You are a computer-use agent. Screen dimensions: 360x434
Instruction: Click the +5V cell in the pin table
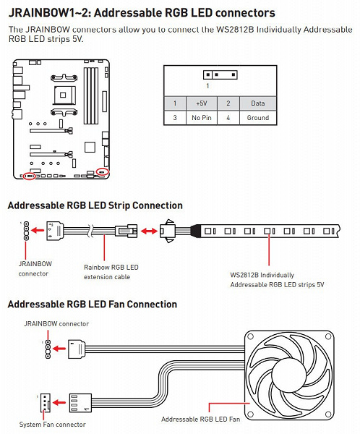pos(202,103)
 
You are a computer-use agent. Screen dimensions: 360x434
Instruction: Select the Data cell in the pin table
pos(258,103)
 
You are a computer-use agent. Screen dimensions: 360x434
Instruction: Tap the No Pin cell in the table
pos(202,118)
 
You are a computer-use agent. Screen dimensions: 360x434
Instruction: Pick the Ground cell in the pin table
pos(258,118)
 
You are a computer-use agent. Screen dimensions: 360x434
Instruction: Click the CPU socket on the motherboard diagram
pos(64,95)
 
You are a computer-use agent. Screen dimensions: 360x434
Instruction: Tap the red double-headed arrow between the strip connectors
pos(149,231)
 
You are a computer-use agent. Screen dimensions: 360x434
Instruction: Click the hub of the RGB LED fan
pos(289,375)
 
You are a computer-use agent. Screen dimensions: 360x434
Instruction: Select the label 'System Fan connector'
pos(52,425)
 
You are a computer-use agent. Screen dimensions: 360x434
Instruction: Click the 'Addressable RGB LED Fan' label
pos(201,420)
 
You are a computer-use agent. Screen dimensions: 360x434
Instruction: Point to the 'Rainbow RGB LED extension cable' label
pos(111,272)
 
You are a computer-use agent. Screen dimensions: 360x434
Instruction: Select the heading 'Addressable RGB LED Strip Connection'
pos(95,205)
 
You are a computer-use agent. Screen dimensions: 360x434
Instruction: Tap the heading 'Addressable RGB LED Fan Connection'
pos(93,305)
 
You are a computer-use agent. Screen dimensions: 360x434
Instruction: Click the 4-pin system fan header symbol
pos(45,403)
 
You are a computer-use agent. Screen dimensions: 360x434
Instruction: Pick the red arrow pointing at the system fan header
pos(59,403)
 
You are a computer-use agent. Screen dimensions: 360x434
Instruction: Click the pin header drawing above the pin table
pos(220,75)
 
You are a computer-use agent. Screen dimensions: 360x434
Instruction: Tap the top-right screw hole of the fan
pos(328,336)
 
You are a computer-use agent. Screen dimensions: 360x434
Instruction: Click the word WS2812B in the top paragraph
pos(235,30)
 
